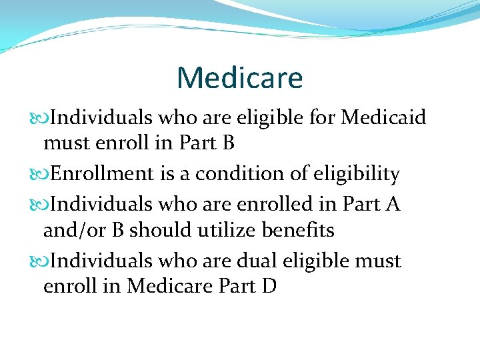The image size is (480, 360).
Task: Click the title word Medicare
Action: point(240,77)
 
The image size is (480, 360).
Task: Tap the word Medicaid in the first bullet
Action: point(383,118)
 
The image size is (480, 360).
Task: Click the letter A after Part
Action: point(393,203)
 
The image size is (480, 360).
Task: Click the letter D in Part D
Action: point(269,287)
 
